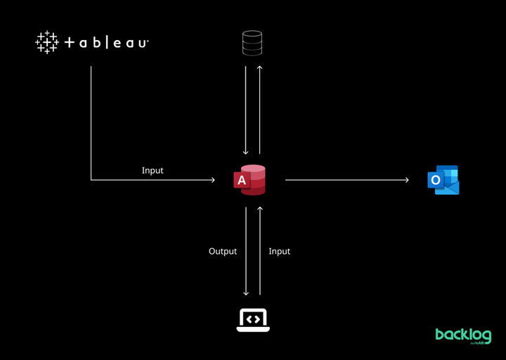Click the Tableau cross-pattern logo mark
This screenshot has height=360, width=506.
click(47, 42)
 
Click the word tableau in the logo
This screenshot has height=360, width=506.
click(107, 43)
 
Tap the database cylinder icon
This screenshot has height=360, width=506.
click(252, 43)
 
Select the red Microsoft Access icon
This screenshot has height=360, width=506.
click(249, 180)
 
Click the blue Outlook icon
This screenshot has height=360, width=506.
click(443, 180)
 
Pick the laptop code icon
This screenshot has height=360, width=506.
click(253, 320)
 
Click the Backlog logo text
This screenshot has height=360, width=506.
click(463, 336)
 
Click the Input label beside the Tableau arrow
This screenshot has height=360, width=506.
click(153, 170)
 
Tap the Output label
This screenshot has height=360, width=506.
click(223, 251)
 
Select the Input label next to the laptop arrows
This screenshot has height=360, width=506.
click(280, 251)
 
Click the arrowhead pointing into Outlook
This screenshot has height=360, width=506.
click(407, 180)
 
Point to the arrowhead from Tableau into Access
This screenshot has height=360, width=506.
click(213, 180)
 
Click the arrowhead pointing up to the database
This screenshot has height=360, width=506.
click(260, 67)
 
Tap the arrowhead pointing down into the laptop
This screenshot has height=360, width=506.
click(246, 293)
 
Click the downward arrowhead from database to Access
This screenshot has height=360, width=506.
click(245, 153)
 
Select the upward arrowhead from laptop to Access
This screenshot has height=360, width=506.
click(260, 209)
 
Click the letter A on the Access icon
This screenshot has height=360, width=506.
click(242, 181)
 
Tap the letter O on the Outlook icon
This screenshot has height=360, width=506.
click(436, 180)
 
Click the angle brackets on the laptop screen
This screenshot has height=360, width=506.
click(253, 319)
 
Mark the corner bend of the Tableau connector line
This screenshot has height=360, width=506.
click(91, 180)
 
